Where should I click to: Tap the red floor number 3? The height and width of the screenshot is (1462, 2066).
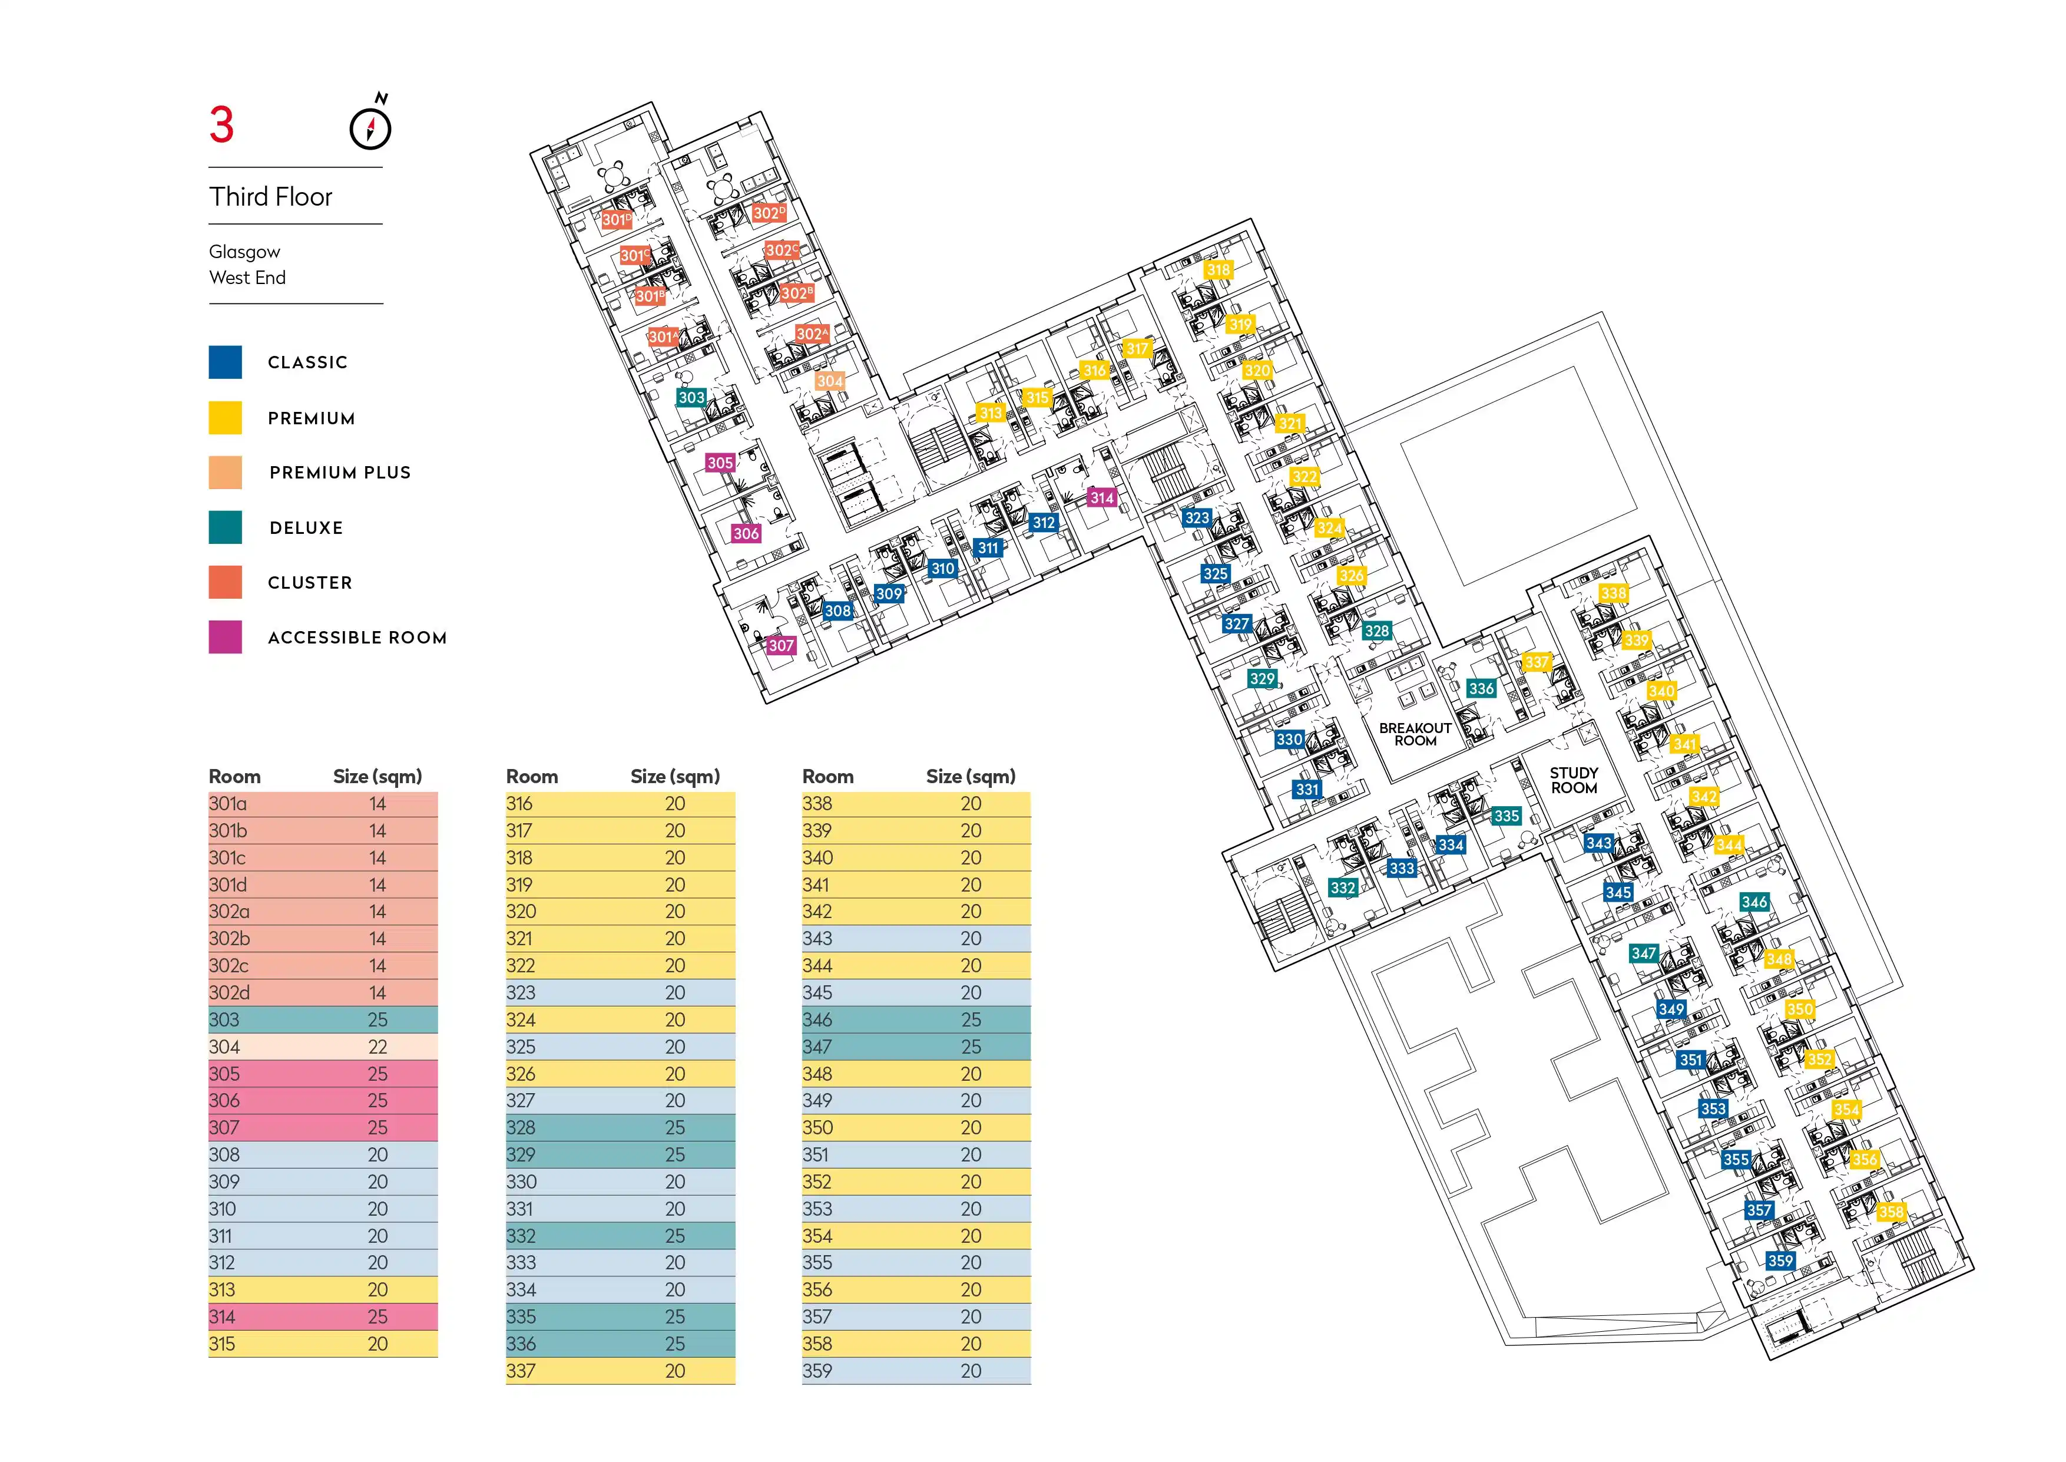(221, 125)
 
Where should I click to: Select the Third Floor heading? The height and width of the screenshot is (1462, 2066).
(271, 196)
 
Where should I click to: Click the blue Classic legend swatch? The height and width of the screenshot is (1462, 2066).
(225, 362)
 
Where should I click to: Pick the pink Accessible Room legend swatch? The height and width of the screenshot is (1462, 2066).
(225, 636)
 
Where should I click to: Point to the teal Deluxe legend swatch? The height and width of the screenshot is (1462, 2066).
(225, 527)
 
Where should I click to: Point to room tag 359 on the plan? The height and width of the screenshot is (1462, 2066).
(1780, 1261)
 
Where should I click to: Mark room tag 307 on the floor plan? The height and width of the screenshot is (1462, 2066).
(781, 645)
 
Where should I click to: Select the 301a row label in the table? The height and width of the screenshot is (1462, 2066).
(228, 804)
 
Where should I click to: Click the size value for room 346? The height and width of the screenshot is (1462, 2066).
(971, 1020)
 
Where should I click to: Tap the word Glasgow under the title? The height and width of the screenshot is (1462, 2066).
(245, 252)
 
